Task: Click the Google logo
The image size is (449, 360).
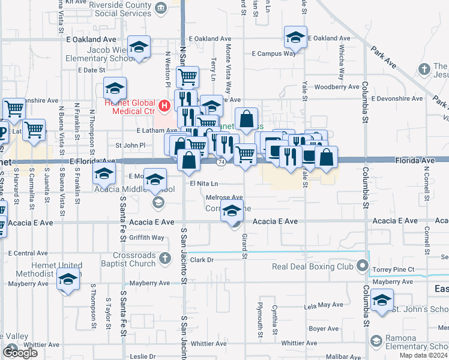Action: click(20, 352)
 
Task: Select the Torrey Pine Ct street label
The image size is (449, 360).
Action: click(393, 270)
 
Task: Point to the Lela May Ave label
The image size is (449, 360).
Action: click(324, 305)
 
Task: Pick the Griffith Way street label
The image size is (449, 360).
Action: click(146, 238)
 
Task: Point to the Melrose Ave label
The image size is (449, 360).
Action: click(224, 197)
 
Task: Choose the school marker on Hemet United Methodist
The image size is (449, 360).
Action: click(69, 280)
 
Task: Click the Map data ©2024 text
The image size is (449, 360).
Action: click(423, 356)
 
